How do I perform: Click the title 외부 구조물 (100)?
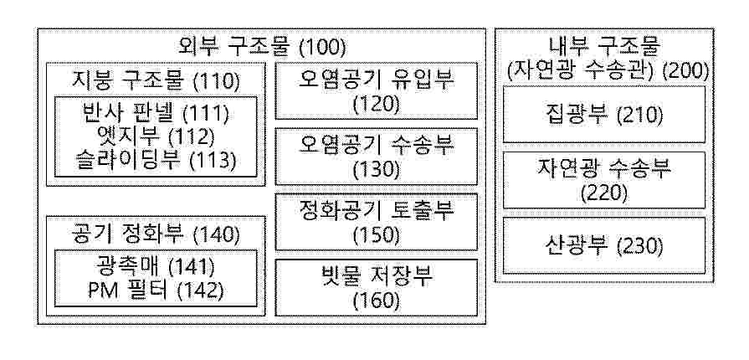(x=262, y=45)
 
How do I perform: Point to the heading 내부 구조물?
(x=603, y=44)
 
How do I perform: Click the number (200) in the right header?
(x=685, y=71)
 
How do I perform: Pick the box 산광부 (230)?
(x=603, y=246)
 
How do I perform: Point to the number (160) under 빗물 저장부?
(x=377, y=300)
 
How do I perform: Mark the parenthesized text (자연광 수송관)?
(x=580, y=71)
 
